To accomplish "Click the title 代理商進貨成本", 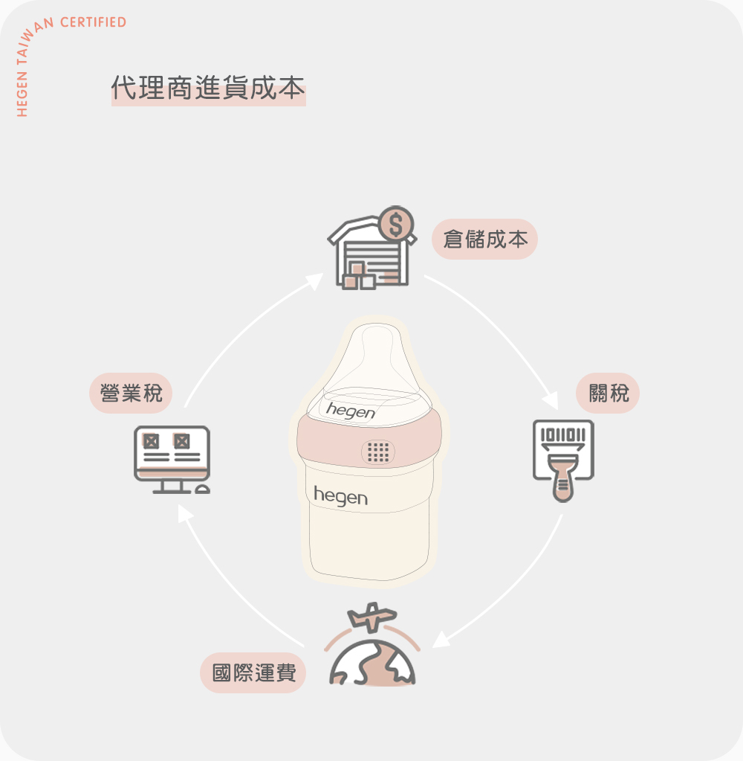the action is tap(208, 89).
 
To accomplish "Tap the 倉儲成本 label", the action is tap(485, 239).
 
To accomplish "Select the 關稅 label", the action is tap(608, 393).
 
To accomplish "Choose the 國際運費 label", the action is tap(254, 672).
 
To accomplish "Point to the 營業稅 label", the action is tap(131, 393).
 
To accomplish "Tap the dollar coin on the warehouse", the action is tap(396, 222).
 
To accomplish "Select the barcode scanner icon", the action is tap(563, 457).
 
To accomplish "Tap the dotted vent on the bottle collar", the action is tap(378, 452).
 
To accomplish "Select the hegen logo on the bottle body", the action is tap(340, 496).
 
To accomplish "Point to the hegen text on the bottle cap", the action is tap(351, 411).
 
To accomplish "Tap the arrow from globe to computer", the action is tap(230, 588).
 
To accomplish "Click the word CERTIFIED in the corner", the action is tap(93, 22).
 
